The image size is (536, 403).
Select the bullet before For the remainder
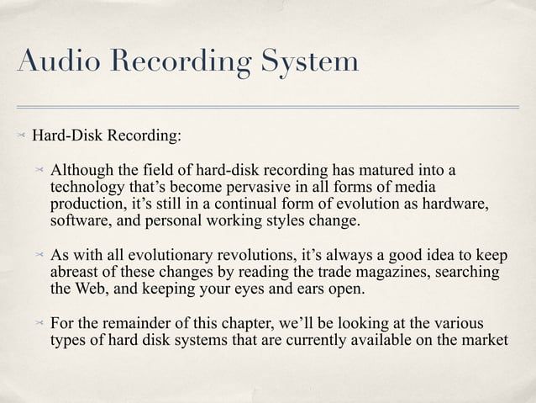(x=40, y=324)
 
